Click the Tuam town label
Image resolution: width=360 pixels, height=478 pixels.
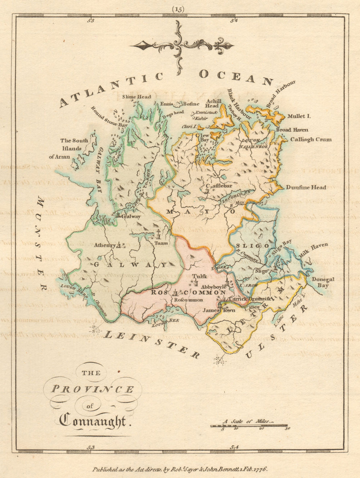[161, 243]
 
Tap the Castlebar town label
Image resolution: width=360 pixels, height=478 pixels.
[219, 186]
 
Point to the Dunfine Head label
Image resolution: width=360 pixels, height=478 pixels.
[306, 187]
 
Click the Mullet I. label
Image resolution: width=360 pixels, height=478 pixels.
[299, 116]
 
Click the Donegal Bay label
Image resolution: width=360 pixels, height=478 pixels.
[323, 282]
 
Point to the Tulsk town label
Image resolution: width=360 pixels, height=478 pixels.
[199, 276]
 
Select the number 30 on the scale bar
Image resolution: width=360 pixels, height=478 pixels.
[287, 429]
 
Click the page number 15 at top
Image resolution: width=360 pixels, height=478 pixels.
[178, 10]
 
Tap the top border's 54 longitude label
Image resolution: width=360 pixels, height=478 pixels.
[234, 21]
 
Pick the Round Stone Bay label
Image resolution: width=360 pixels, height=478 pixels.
[109, 116]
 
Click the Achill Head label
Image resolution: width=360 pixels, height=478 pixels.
[212, 103]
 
